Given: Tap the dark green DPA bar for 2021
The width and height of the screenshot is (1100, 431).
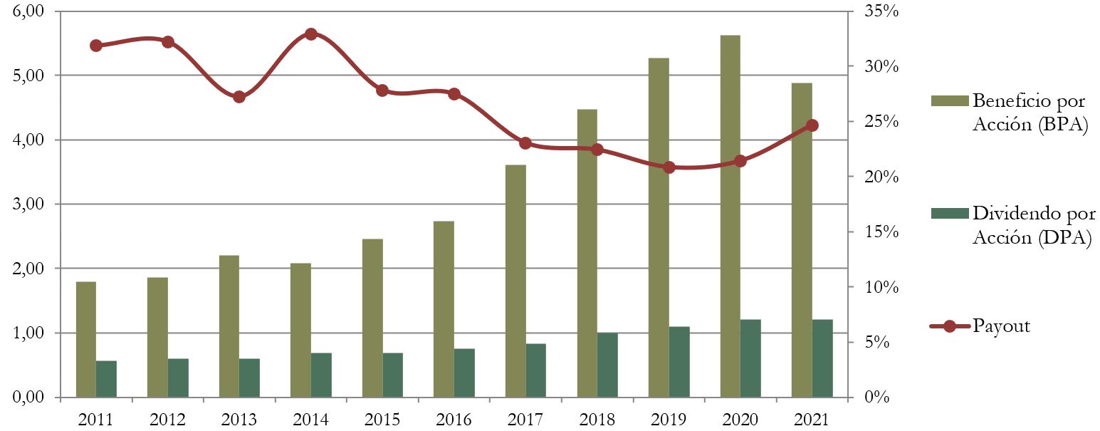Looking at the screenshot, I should pos(822,358).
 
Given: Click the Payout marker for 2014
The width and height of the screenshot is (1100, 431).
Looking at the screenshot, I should pos(310,34).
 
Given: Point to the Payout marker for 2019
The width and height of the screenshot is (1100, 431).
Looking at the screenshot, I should pos(669,167).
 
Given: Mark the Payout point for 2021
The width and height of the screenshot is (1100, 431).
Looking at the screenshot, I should pos(812,125).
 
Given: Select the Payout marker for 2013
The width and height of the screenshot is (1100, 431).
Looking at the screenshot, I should pos(239,97).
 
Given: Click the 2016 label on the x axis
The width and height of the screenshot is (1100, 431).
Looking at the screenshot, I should pos(453,420).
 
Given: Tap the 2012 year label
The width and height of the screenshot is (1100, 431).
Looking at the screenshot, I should pos(167,420).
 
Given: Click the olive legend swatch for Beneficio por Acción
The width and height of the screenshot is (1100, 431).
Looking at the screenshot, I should pos(949,100).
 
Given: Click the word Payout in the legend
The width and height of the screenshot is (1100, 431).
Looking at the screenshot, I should pos(1002,326).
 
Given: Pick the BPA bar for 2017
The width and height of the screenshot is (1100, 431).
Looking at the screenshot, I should pos(515,281).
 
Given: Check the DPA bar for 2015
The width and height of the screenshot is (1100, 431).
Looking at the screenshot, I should pos(393,375).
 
